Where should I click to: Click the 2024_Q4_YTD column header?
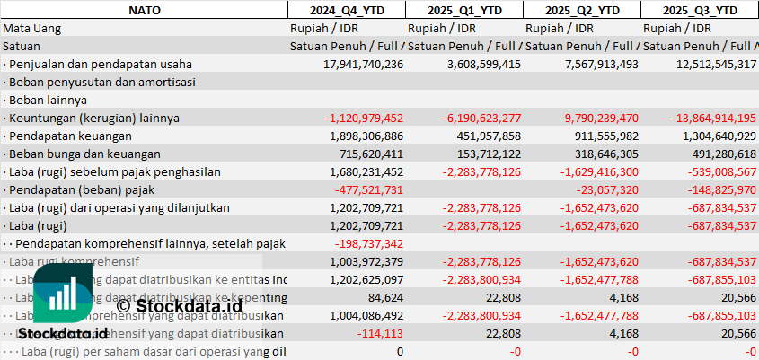(x=346, y=10)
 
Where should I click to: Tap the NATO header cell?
(x=144, y=10)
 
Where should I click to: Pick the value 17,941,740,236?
(x=363, y=64)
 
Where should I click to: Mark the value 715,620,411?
(x=369, y=154)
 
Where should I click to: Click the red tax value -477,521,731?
(x=369, y=189)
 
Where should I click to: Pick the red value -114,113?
(x=382, y=333)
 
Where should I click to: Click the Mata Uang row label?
(x=31, y=28)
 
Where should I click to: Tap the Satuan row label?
(x=22, y=46)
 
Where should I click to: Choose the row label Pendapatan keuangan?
(x=71, y=136)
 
